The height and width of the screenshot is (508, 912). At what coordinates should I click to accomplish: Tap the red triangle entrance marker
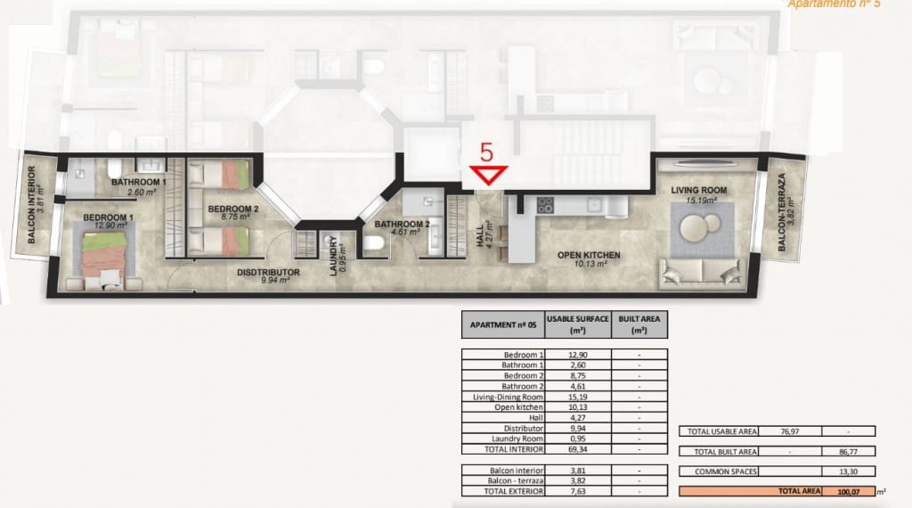489,176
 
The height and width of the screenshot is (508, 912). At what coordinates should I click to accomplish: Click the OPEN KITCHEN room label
589,256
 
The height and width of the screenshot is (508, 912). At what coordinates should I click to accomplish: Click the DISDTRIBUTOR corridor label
268,273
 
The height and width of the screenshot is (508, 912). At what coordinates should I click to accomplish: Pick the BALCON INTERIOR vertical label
30,205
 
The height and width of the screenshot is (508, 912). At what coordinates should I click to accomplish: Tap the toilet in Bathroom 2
376,242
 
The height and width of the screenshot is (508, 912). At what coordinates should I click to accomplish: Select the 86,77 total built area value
846,451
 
